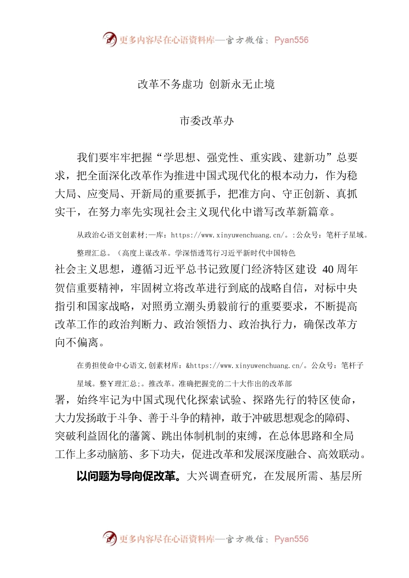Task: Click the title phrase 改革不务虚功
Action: click(x=170, y=84)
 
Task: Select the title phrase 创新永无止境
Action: click(x=242, y=84)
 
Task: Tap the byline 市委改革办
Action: click(x=207, y=121)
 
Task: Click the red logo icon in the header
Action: click(x=110, y=40)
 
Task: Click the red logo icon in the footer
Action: click(x=110, y=538)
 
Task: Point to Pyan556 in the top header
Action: click(x=291, y=40)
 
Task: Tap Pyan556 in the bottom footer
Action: click(x=291, y=539)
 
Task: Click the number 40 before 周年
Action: click(x=328, y=270)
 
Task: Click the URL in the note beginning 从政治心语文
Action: click(x=228, y=235)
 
